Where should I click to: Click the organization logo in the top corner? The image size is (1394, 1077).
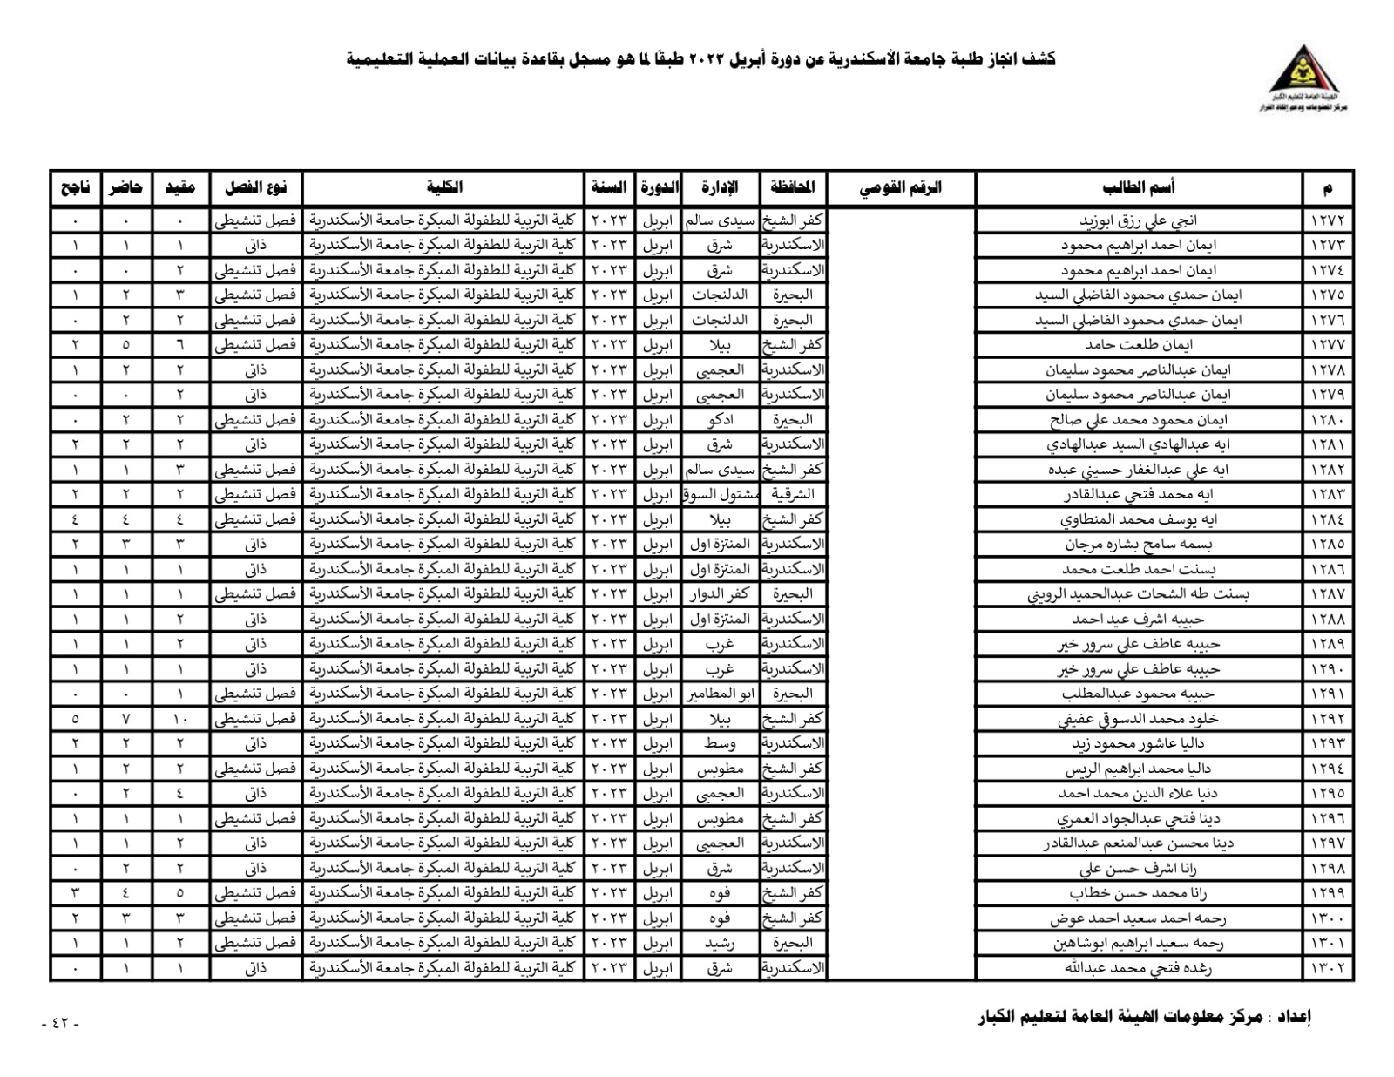[1303, 78]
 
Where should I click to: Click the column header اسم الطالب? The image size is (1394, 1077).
[1139, 187]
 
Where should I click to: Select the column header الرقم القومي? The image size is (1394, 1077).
[901, 187]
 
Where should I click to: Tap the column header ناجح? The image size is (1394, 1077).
[75, 187]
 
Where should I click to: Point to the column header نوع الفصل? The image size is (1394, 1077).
[256, 187]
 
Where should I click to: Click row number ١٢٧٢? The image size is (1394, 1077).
[1328, 220]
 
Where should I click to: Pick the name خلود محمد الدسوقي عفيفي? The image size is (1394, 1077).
[1138, 720]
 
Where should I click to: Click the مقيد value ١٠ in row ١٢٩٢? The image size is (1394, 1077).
[180, 720]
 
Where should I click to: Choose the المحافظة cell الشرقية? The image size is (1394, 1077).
[793, 495]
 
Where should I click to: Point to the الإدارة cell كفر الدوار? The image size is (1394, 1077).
[720, 594]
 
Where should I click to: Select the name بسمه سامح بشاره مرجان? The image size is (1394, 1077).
[1139, 545]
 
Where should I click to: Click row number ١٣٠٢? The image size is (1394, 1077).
[1328, 968]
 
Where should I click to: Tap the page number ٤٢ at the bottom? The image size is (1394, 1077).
[61, 1023]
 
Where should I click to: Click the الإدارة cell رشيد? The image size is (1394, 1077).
[720, 943]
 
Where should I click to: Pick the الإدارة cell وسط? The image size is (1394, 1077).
[720, 744]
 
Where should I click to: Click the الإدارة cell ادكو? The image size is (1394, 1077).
[720, 420]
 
